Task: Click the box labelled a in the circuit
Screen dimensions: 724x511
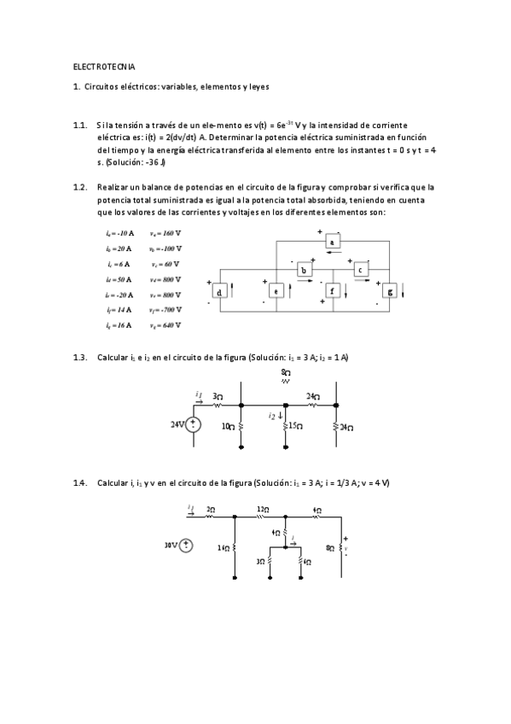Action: [x=332, y=242]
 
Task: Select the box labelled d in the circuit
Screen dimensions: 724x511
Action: [x=219, y=292]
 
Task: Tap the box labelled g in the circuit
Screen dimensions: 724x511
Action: [x=390, y=292]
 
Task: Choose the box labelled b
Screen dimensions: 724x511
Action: [x=304, y=270]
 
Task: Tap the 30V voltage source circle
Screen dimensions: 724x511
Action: [x=186, y=544]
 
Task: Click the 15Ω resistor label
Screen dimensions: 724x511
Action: [x=295, y=425]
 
